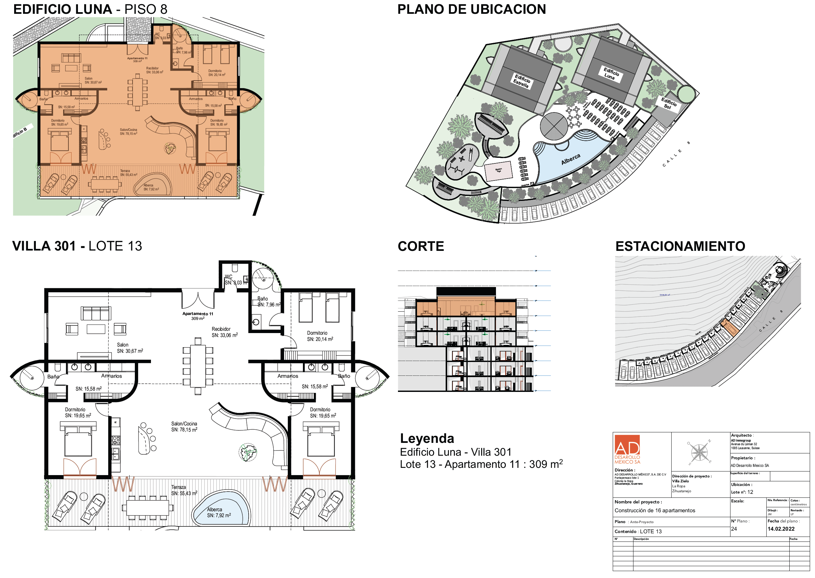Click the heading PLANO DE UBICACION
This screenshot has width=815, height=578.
pos(471,10)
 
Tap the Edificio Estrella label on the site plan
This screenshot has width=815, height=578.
pos(522,81)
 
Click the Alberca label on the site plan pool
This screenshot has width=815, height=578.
pos(570,159)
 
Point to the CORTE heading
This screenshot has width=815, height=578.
pos(421,246)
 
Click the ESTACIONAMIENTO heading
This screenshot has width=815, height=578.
pos(680,246)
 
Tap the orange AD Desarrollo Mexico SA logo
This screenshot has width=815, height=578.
pos(627,449)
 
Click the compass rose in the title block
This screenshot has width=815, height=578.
pos(699,452)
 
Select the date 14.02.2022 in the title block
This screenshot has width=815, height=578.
pos(781,529)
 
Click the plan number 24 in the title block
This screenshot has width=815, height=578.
pos(734,529)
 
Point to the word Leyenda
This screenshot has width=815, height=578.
pos(427,439)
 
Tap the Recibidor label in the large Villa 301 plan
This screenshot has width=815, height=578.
pos(221,329)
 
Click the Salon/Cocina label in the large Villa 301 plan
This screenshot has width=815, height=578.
pos(184,424)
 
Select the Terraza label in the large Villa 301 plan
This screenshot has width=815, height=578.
pos(178,487)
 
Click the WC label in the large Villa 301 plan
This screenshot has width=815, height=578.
pos(229,277)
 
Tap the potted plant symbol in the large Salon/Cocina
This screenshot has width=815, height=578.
pos(248,452)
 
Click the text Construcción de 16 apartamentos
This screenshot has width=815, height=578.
pos(654,510)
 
